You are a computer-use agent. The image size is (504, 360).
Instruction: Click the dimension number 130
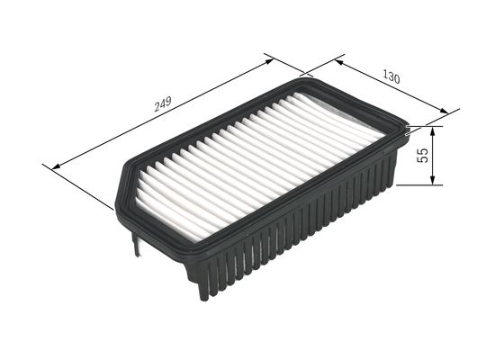click(x=390, y=77)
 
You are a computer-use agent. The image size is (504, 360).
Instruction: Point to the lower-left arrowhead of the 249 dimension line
click(x=57, y=166)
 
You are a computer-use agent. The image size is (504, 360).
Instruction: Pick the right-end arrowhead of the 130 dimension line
click(x=445, y=113)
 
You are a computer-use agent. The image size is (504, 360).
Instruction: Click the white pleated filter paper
click(x=261, y=162)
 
